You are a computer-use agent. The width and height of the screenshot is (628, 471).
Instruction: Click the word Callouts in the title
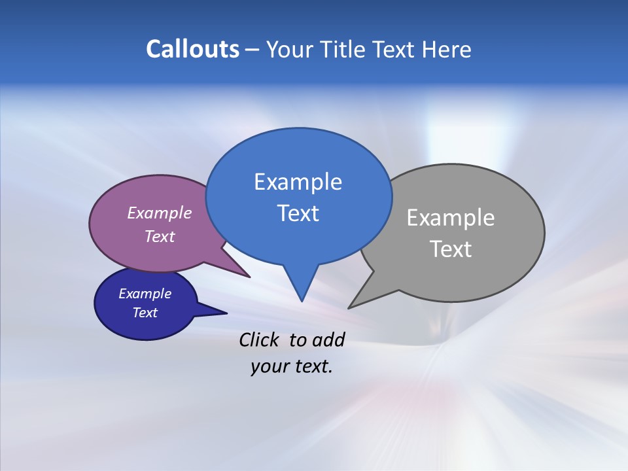click(x=192, y=49)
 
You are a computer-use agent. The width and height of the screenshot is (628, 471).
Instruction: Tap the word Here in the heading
click(x=447, y=49)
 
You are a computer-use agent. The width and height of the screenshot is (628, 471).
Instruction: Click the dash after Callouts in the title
click(x=253, y=50)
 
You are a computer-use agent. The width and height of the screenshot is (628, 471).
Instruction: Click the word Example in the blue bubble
click(x=298, y=182)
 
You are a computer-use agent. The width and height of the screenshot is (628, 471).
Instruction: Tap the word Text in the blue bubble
click(x=298, y=213)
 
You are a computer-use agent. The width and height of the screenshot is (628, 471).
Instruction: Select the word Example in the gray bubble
click(x=451, y=218)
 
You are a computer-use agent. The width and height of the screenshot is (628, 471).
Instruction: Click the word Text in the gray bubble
click(x=451, y=249)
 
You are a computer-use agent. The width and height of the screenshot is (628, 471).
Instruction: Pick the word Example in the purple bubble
click(x=160, y=213)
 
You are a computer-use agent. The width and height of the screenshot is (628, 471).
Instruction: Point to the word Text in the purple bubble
click(x=160, y=236)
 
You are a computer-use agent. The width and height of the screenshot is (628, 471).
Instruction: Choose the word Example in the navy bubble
click(x=145, y=294)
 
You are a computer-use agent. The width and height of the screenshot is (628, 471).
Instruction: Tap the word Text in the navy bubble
click(x=145, y=313)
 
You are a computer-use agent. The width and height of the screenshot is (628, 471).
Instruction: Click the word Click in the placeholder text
click(x=260, y=340)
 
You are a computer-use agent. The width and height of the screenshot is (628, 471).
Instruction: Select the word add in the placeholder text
click(x=327, y=340)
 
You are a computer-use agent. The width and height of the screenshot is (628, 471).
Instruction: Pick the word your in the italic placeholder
click(x=269, y=366)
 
